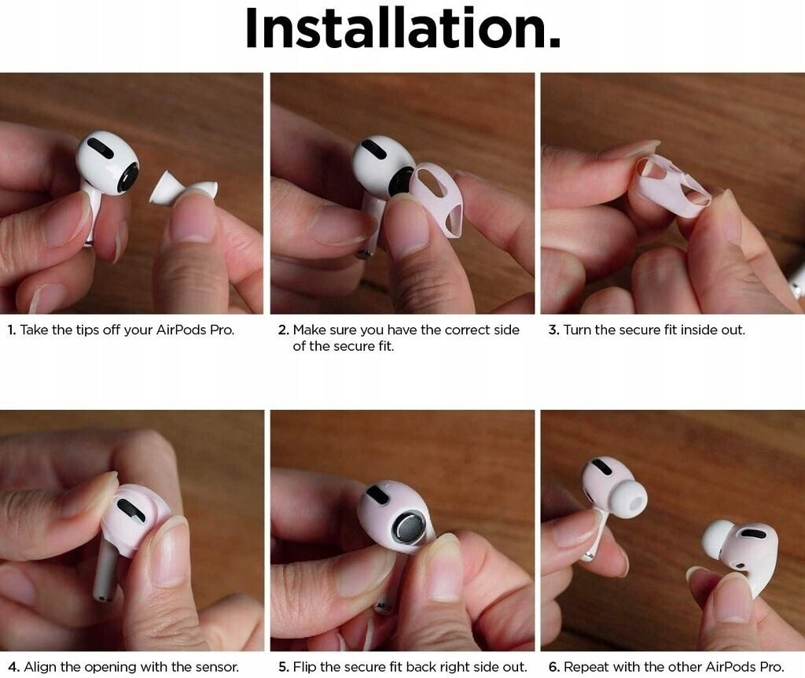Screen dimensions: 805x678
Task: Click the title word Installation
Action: point(403,28)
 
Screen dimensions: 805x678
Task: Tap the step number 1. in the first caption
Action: point(12,330)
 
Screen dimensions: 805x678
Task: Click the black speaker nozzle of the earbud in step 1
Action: point(128,178)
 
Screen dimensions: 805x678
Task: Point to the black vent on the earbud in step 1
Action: point(100,148)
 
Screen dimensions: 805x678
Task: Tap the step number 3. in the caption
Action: point(553,330)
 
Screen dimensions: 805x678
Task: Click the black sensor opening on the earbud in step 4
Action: point(131,510)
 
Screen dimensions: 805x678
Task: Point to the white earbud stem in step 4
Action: point(106,570)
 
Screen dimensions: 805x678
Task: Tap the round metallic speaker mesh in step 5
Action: point(409,529)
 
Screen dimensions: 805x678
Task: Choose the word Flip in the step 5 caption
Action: point(304,667)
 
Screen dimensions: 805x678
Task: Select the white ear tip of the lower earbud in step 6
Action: point(718,540)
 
